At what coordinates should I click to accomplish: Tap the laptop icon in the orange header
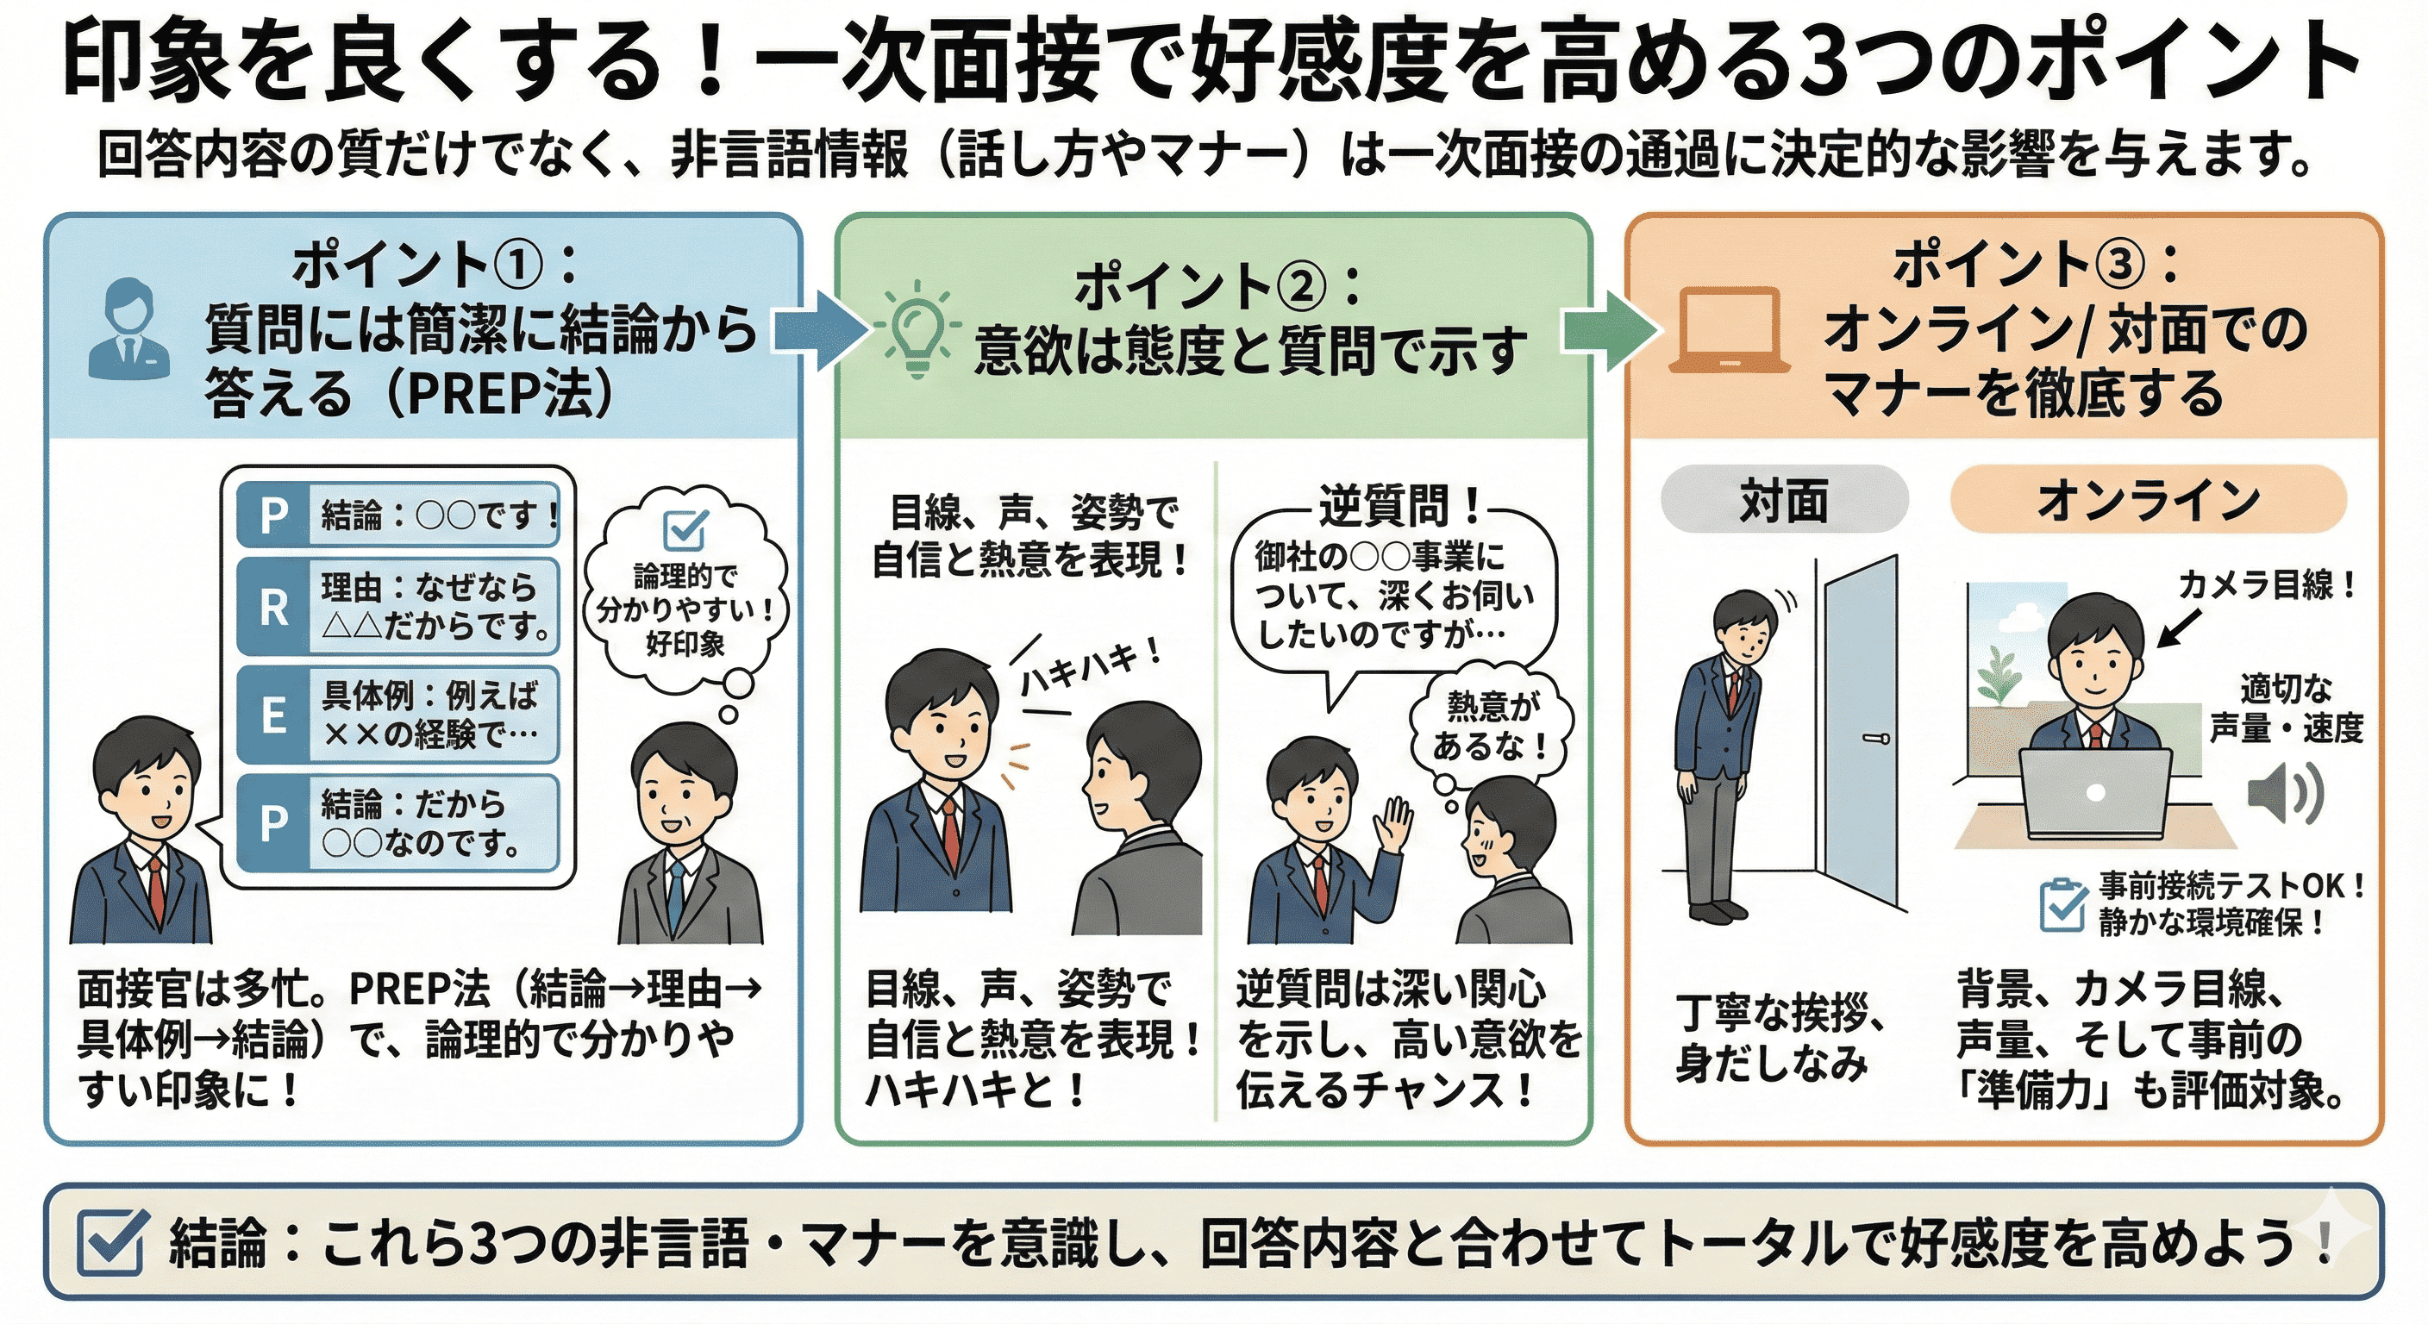tap(1730, 331)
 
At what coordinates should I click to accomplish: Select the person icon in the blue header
tap(129, 329)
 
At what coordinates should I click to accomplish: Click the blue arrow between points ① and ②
tap(818, 331)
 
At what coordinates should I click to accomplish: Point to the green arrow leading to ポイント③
tap(1607, 331)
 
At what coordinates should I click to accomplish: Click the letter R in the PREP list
tap(273, 608)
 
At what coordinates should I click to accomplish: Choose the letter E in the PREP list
tap(273, 715)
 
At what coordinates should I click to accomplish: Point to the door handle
tap(1875, 739)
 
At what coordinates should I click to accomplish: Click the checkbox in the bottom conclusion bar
tap(111, 1242)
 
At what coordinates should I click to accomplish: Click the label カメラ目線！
tap(2266, 585)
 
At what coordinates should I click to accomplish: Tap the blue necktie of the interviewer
tap(675, 896)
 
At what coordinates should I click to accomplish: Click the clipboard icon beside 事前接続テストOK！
tap(2062, 905)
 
